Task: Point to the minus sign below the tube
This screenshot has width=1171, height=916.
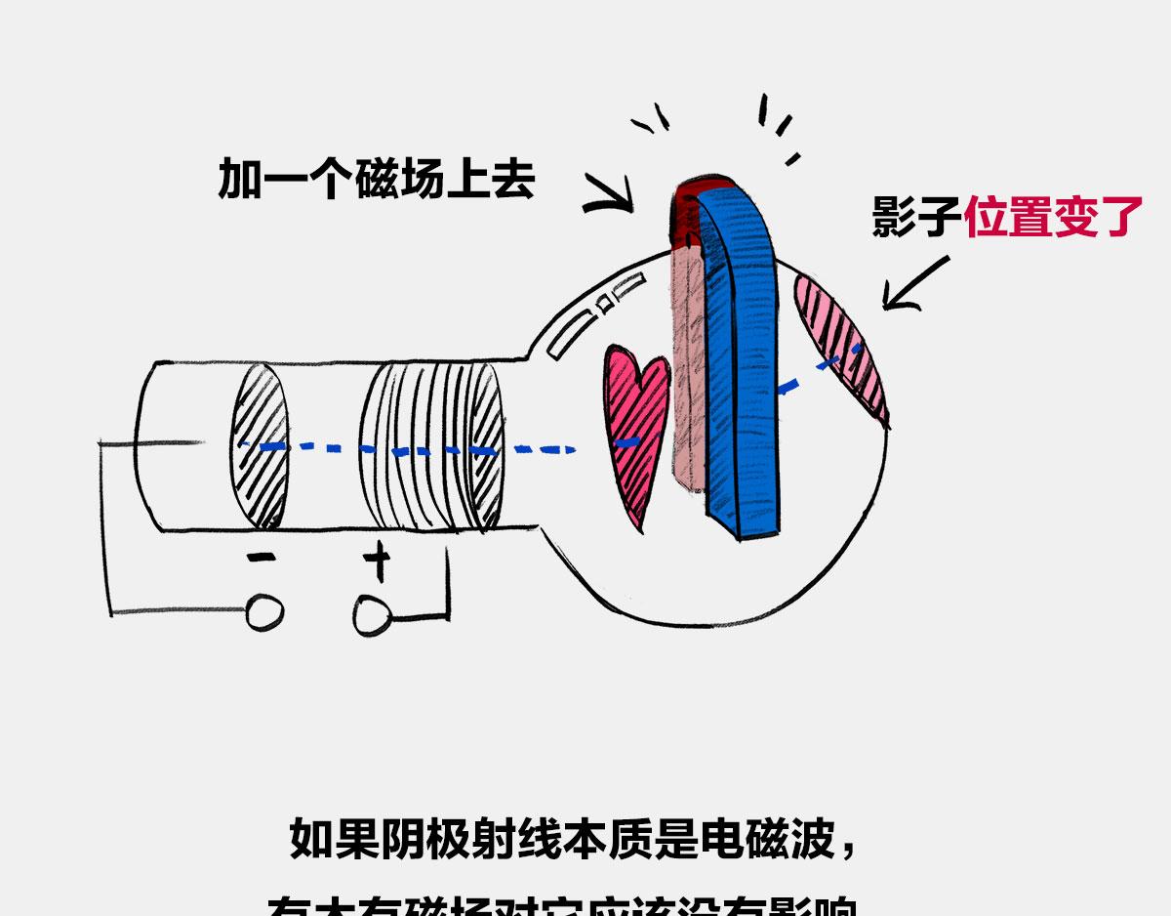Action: tap(261, 559)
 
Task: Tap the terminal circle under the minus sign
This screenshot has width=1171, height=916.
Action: tap(264, 612)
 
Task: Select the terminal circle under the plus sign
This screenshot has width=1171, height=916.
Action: tap(372, 615)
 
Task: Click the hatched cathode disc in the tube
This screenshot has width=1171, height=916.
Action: tap(260, 444)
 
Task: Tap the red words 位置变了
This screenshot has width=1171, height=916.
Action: tap(1053, 216)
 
